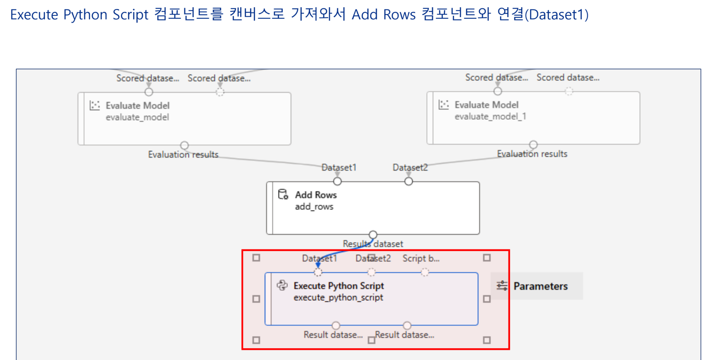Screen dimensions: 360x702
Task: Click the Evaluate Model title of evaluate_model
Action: [x=137, y=106]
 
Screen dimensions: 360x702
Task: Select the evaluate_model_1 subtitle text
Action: [x=490, y=116]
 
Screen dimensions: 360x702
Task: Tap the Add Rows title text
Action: [x=315, y=195]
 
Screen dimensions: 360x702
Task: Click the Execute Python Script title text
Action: [x=338, y=286]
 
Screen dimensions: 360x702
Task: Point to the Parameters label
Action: [x=540, y=286]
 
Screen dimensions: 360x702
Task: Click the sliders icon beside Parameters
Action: [x=502, y=286]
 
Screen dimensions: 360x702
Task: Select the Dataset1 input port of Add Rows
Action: [x=337, y=181]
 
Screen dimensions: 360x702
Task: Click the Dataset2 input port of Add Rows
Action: [x=409, y=181]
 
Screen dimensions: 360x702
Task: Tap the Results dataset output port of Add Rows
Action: [x=373, y=234]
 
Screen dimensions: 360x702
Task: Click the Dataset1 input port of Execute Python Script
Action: [x=318, y=272]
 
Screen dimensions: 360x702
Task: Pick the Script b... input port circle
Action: [x=425, y=272]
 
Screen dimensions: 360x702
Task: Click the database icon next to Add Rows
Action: [x=283, y=194]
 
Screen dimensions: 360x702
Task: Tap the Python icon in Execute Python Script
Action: [x=282, y=285]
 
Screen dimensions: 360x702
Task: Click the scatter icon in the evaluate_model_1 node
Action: [x=443, y=104]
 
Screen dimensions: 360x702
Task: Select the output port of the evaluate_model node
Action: [x=184, y=145]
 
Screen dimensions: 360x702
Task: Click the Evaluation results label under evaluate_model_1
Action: [x=532, y=154]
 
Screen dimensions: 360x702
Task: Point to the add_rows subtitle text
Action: [x=314, y=206]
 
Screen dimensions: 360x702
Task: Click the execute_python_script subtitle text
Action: [x=338, y=297]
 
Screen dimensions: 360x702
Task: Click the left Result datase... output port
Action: [x=336, y=325]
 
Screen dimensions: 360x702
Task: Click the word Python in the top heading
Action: [x=85, y=15]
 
